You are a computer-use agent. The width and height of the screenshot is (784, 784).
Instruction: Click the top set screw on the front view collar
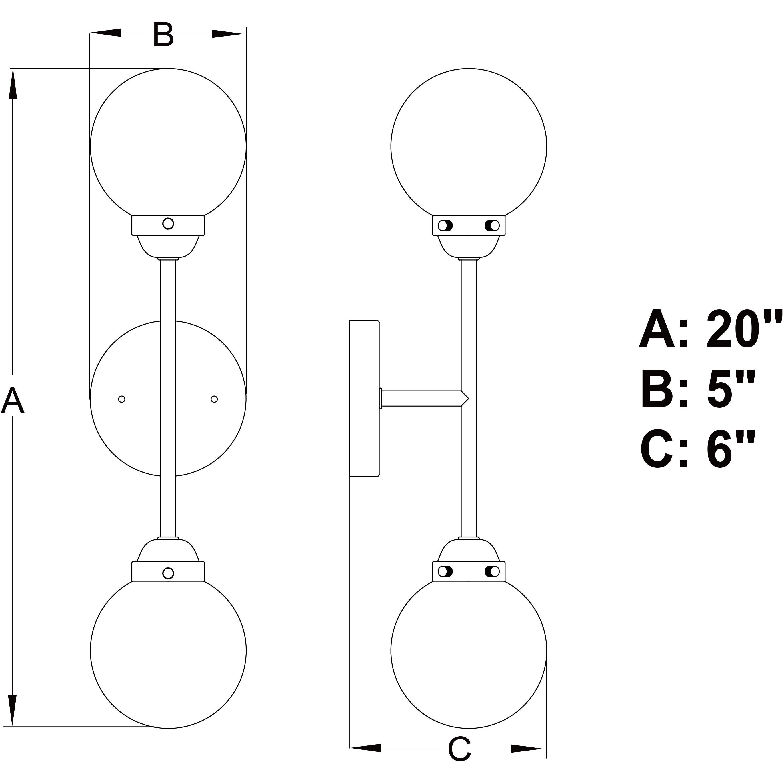[x=168, y=223]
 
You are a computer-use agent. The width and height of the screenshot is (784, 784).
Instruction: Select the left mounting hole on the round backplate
[x=121, y=399]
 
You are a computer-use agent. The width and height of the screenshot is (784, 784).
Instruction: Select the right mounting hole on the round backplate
[x=214, y=399]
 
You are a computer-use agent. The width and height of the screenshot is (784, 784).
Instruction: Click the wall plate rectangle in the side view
[x=364, y=399]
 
